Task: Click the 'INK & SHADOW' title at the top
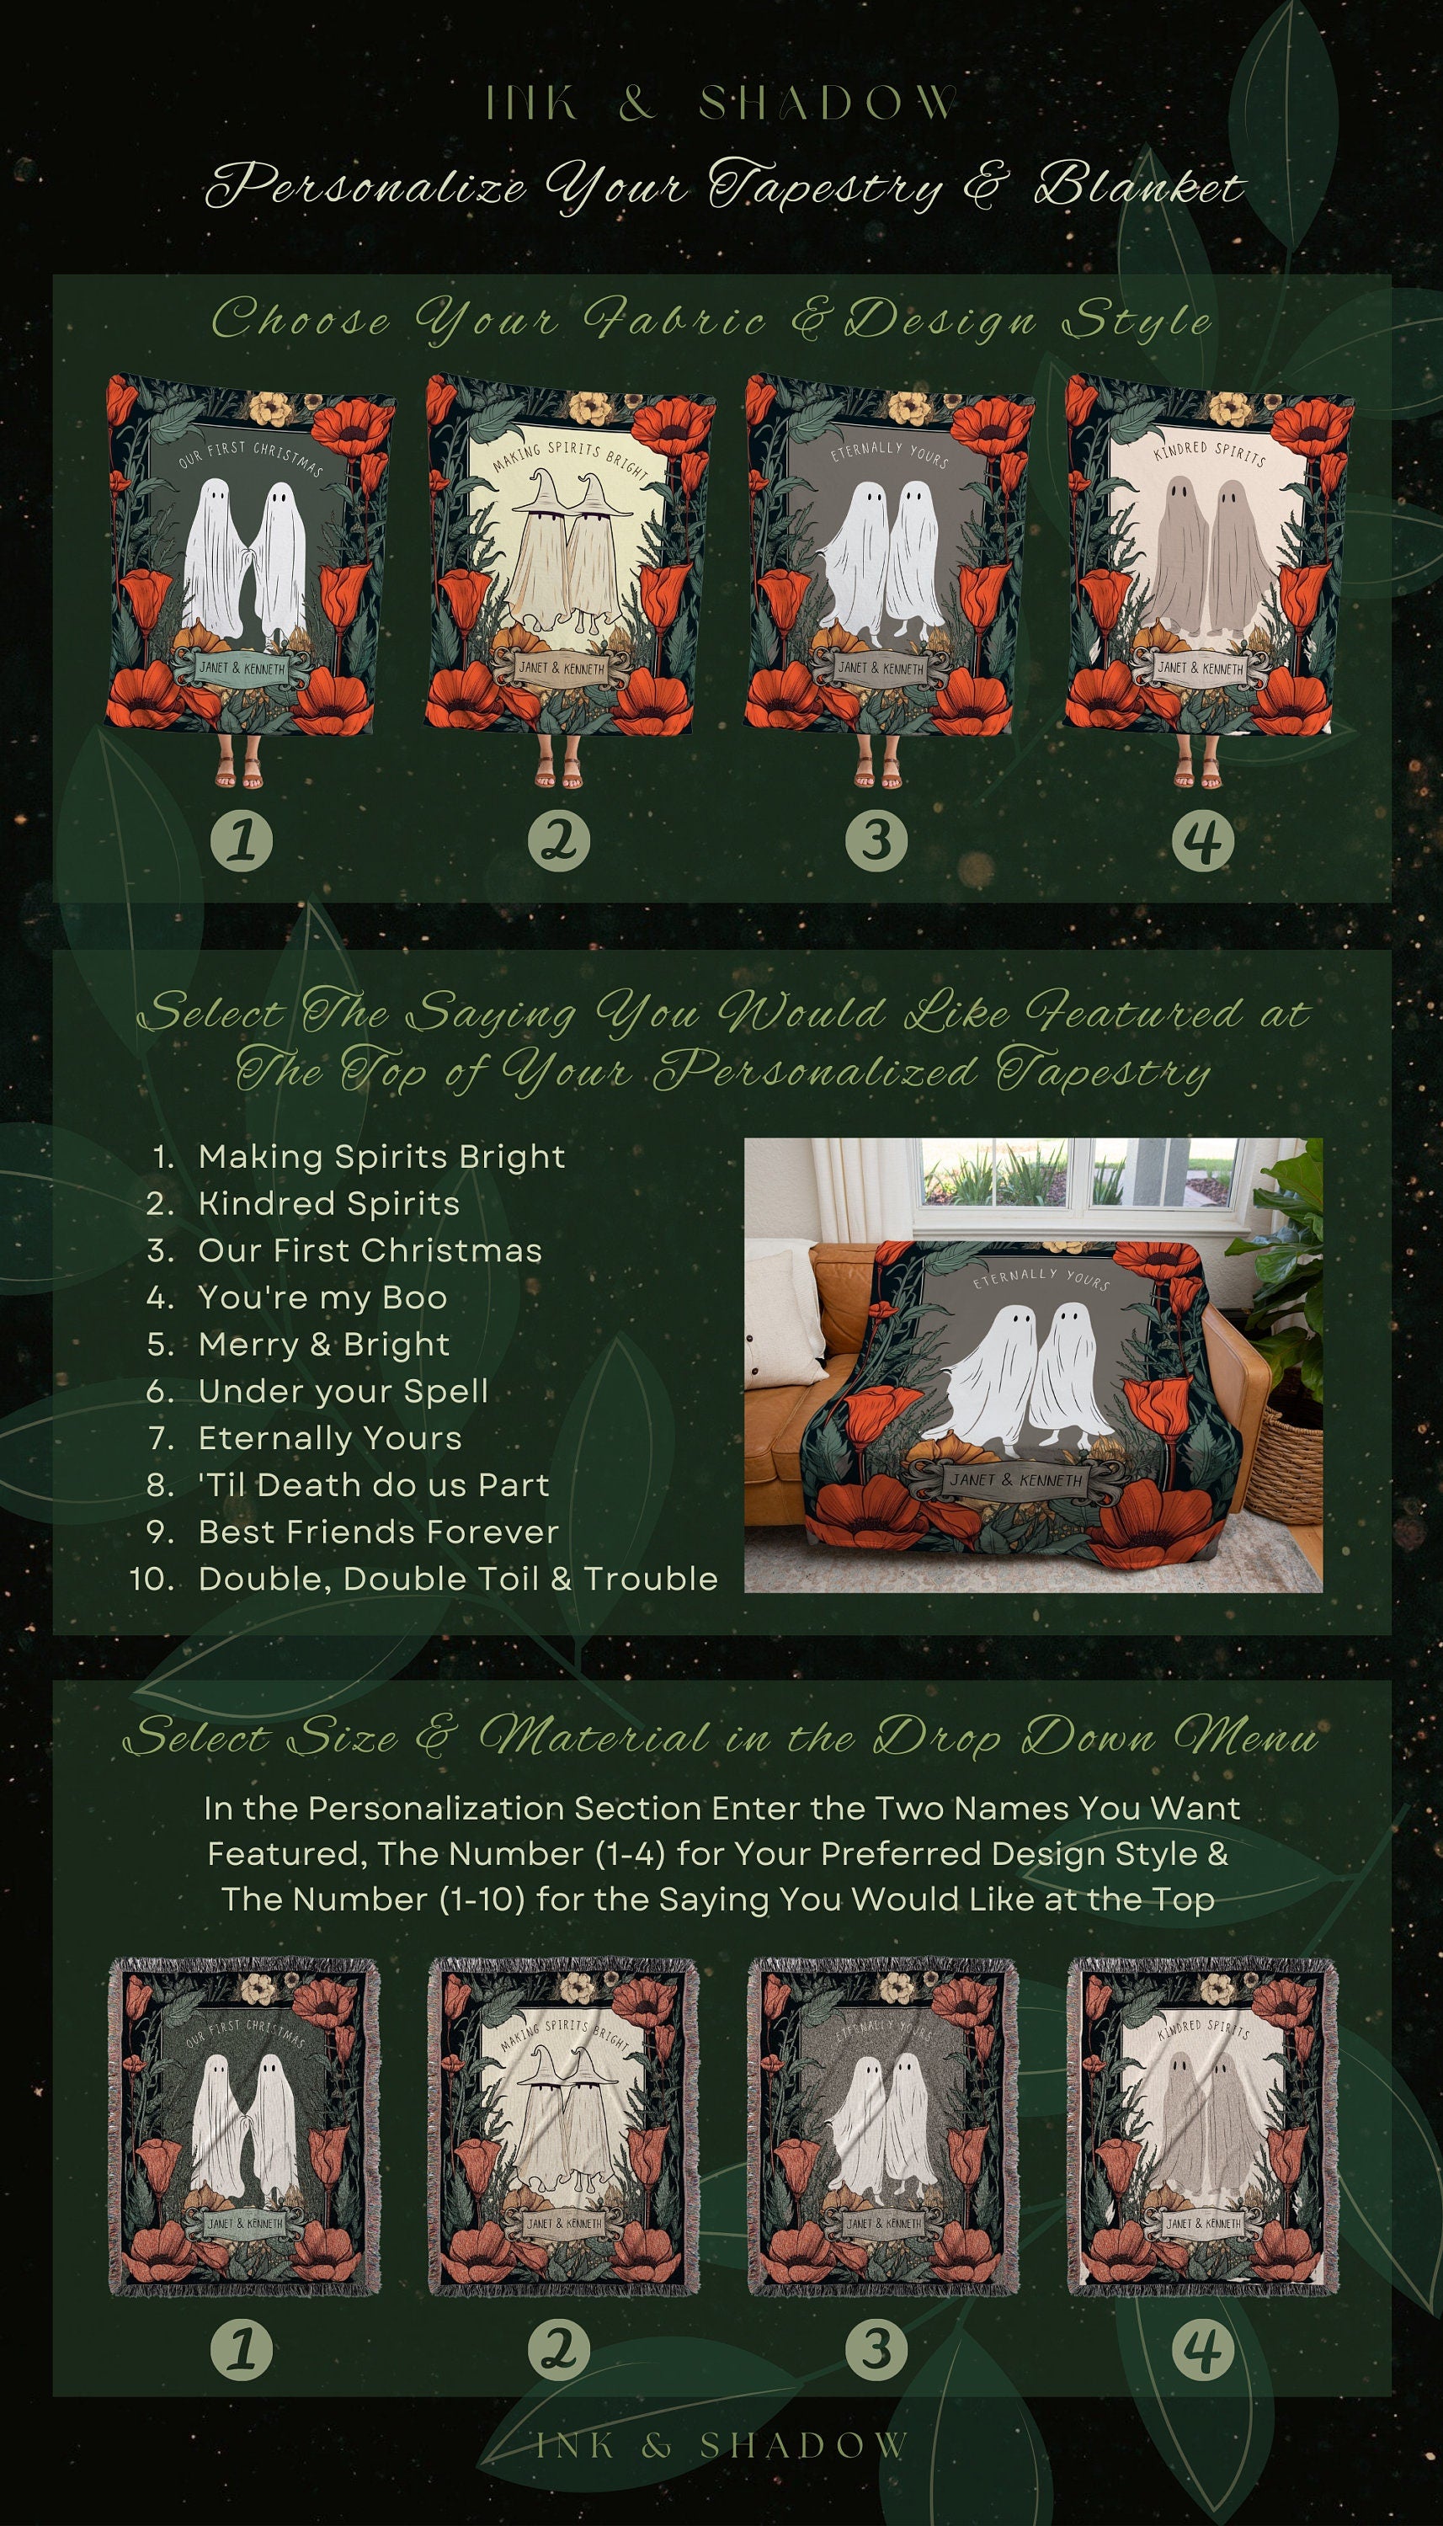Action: pyautogui.click(x=721, y=103)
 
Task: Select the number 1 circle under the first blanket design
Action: pyautogui.click(x=242, y=841)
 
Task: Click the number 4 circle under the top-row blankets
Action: pyautogui.click(x=1202, y=841)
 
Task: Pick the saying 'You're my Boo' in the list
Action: pyautogui.click(x=322, y=1298)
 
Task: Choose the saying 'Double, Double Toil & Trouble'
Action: pyautogui.click(x=457, y=1579)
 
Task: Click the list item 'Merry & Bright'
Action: pyautogui.click(x=323, y=1344)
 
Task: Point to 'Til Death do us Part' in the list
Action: pyautogui.click(x=373, y=1484)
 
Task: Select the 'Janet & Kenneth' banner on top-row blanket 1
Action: pyautogui.click(x=241, y=667)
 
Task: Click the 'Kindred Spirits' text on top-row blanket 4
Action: pyautogui.click(x=1209, y=454)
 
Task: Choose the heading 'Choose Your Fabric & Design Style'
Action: pyautogui.click(x=711, y=320)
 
